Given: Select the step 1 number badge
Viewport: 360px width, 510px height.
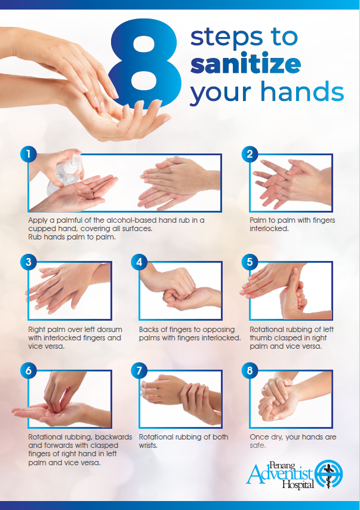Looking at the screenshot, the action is [29, 154].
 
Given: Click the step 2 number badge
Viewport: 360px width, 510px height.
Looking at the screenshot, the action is [250, 154].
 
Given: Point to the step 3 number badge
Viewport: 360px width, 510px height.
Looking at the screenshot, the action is [29, 262].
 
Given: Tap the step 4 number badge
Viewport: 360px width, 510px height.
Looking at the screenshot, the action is [139, 262].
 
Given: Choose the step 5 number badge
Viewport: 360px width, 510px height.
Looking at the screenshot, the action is [250, 262].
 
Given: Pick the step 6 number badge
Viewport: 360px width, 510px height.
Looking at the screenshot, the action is [29, 370].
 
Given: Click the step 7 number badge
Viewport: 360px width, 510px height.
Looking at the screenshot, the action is [139, 370].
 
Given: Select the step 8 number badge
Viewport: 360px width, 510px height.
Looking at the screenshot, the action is [250, 370].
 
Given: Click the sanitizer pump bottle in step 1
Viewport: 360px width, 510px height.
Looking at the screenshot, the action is [64, 174].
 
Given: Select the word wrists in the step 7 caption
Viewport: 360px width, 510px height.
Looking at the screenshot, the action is [148, 446].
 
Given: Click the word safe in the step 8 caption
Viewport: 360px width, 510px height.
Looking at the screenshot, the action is [257, 446].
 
